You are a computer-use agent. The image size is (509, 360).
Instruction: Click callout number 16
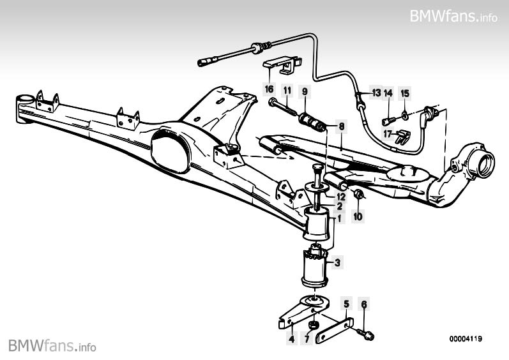(x=269, y=89)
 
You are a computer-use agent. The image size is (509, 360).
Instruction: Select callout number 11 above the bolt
(x=287, y=90)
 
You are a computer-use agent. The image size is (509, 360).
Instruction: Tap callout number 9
(x=305, y=91)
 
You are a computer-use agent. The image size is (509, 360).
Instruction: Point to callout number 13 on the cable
(x=376, y=93)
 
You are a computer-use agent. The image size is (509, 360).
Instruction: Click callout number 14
(x=388, y=93)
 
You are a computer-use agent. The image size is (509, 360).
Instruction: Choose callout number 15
(x=405, y=93)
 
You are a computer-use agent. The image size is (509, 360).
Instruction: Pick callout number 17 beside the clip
(x=388, y=133)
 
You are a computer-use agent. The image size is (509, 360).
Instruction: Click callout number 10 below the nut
(x=358, y=216)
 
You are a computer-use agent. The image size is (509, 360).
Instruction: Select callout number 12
(x=341, y=197)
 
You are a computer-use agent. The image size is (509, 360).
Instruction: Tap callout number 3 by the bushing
(x=338, y=262)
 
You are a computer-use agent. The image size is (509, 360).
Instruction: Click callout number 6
(x=364, y=304)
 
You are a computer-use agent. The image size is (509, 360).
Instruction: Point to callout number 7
(x=307, y=339)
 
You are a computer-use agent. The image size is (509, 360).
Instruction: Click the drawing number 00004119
(x=466, y=339)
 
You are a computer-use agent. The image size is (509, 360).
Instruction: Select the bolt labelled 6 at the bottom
(x=365, y=334)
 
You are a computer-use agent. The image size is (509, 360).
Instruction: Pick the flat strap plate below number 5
(x=334, y=330)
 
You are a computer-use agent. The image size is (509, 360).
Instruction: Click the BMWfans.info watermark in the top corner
(x=453, y=16)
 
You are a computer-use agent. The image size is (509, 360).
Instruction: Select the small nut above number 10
(x=358, y=194)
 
